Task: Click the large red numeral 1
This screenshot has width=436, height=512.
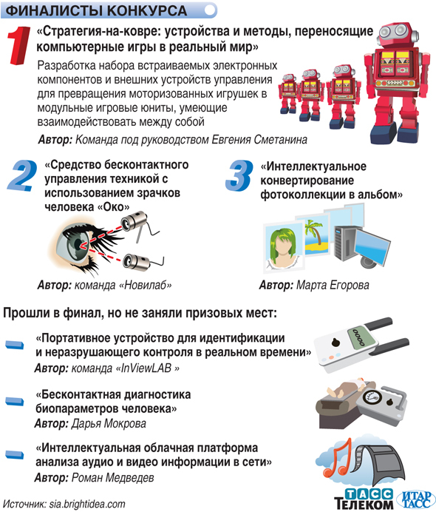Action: pos(19,46)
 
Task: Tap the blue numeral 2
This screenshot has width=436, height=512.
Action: pos(22,175)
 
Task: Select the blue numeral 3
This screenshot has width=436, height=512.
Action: pos(239,175)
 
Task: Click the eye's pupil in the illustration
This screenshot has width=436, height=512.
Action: pos(78,244)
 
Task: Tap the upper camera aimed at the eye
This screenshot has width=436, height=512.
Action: pos(133,222)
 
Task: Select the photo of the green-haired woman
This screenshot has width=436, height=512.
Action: pos(283,246)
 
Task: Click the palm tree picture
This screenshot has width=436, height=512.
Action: pos(315,235)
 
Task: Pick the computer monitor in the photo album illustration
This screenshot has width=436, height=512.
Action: pos(372,246)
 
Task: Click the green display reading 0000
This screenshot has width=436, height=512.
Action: pos(358,337)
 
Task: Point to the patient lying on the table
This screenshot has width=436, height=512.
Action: pos(347,386)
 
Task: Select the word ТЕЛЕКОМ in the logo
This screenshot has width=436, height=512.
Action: pos(364,504)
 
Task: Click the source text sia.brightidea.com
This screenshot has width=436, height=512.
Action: pos(87,504)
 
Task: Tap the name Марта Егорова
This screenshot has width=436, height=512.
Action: pos(333,285)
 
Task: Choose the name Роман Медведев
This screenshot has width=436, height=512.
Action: pos(112,478)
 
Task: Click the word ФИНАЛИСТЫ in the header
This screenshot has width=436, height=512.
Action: pos(54,11)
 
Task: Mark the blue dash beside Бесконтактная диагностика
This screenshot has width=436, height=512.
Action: pos(15,401)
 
